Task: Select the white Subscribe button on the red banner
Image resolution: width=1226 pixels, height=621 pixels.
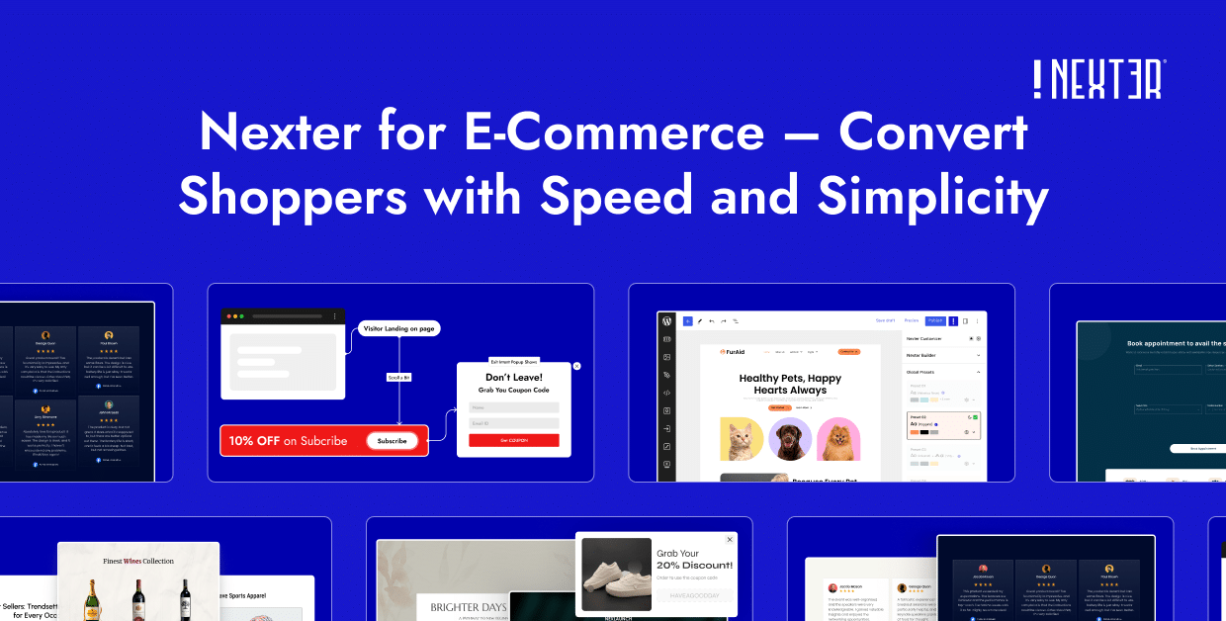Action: pyautogui.click(x=392, y=441)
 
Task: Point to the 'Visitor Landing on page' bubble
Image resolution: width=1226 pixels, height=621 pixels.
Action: pyautogui.click(x=399, y=328)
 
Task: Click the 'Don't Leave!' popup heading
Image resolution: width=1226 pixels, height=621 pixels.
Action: pyautogui.click(x=514, y=377)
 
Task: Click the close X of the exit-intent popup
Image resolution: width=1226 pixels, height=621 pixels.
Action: pyautogui.click(x=577, y=366)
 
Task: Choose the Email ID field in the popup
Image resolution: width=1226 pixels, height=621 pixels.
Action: pyautogui.click(x=514, y=423)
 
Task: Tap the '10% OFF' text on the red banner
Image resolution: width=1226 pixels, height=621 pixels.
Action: pyautogui.click(x=255, y=441)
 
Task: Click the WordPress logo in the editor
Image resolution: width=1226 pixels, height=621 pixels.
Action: pyautogui.click(x=667, y=321)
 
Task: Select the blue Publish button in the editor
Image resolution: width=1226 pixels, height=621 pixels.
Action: pyautogui.click(x=935, y=321)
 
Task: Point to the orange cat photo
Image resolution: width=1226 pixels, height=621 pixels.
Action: pyautogui.click(x=741, y=439)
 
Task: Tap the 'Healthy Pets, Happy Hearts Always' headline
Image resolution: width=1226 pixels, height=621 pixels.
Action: pyautogui.click(x=790, y=384)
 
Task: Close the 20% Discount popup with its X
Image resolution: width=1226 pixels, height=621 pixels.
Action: pyautogui.click(x=731, y=540)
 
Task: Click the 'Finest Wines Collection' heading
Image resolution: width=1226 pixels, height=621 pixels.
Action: pyautogui.click(x=138, y=561)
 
